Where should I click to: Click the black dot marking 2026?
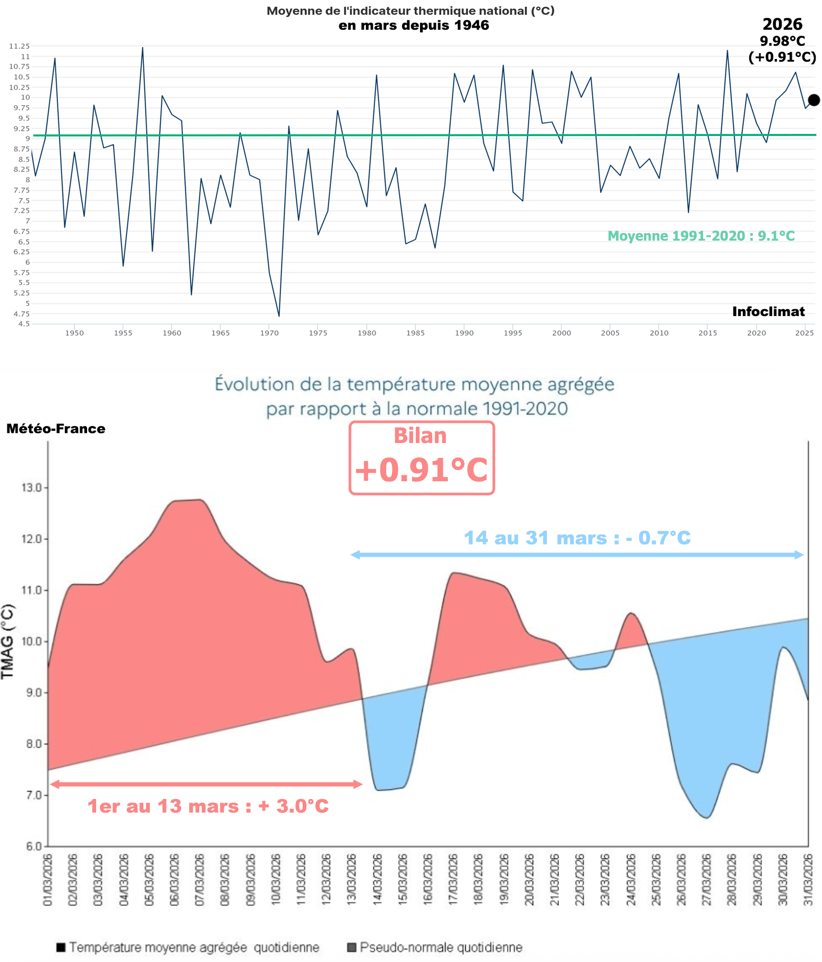[814, 100]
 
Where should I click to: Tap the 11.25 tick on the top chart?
[19, 46]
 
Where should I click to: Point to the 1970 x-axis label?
[269, 333]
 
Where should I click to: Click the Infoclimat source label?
[768, 312]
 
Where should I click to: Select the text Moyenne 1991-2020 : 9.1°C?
[701, 236]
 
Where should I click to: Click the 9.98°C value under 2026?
[782, 41]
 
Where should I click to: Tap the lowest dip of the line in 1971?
[279, 316]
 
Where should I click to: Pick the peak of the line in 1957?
[142, 48]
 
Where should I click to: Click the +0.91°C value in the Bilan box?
[421, 470]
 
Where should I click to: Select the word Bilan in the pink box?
[420, 436]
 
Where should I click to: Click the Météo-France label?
[56, 429]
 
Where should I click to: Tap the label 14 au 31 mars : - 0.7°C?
[577, 538]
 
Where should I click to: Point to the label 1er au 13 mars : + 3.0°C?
[208, 806]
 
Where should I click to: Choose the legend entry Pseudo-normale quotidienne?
[441, 947]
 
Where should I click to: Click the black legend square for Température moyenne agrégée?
[61, 947]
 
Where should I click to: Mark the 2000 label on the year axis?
[561, 333]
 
